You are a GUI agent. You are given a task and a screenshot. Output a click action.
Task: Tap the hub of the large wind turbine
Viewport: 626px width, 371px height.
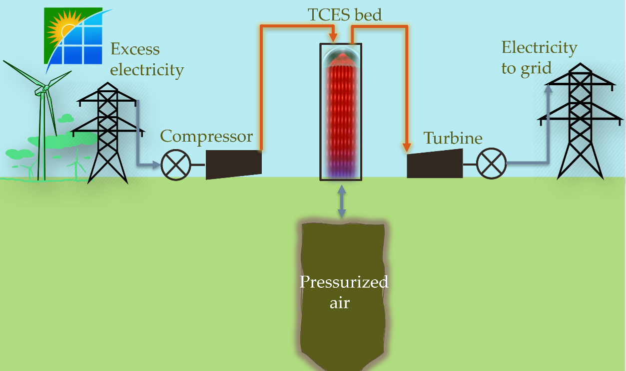coord(44,88)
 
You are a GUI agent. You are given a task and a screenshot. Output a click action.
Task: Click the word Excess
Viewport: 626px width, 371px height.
coord(135,49)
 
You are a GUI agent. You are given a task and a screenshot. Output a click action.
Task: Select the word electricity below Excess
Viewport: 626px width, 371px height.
coord(147,69)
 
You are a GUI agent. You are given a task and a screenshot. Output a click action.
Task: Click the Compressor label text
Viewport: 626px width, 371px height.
coord(206,136)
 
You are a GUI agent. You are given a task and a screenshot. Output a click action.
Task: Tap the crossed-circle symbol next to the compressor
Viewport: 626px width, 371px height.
coord(176,165)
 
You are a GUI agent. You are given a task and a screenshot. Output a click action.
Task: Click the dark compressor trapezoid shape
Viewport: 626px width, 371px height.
coord(233,165)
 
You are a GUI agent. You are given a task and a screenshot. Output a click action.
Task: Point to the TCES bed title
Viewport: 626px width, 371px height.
coord(344,15)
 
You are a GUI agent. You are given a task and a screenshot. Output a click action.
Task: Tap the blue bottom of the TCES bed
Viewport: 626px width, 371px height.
coord(341,172)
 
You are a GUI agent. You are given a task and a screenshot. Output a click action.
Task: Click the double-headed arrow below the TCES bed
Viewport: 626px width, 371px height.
coord(341,201)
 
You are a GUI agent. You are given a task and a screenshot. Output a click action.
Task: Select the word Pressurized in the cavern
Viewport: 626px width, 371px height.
coord(344,282)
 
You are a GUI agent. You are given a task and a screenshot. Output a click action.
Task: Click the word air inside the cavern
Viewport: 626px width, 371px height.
coord(339,303)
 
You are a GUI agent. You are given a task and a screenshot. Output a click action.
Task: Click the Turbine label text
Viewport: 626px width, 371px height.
coord(453,138)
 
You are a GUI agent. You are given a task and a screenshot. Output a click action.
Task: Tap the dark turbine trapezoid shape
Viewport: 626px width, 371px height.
coord(434,164)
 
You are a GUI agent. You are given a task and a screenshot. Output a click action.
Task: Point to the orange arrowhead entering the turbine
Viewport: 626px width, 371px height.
coord(407,147)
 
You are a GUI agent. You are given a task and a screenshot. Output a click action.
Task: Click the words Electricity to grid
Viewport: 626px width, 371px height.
coord(539,57)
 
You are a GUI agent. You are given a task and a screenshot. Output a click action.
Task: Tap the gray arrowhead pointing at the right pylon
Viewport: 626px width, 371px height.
coord(548,88)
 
